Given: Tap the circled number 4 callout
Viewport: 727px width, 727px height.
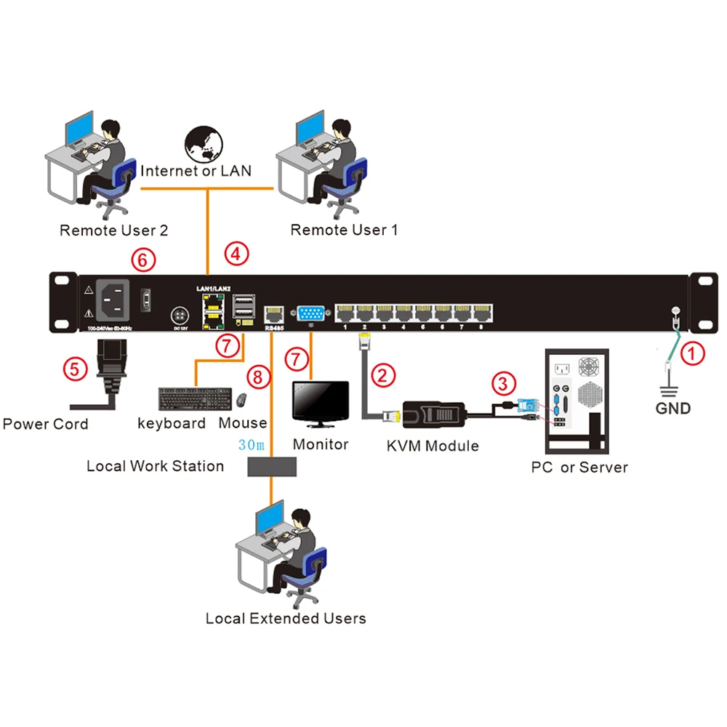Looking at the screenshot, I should click(x=236, y=254).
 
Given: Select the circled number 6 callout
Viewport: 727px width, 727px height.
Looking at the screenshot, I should click(x=142, y=259).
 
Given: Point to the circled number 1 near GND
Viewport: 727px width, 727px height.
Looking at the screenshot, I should click(x=693, y=355).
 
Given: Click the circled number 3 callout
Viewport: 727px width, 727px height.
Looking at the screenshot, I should click(x=503, y=381).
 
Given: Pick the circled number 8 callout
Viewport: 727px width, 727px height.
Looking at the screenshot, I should click(x=257, y=377).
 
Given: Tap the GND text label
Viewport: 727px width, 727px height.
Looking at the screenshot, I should click(x=672, y=408).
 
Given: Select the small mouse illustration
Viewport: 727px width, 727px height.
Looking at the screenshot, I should click(x=241, y=399).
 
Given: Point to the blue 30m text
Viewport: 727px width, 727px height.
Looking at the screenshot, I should click(x=251, y=443).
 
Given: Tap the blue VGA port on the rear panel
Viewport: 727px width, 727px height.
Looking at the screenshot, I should click(x=310, y=314).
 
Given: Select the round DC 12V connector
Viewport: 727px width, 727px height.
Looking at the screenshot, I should click(x=179, y=316).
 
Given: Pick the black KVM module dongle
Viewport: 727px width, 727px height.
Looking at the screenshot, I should click(x=433, y=414).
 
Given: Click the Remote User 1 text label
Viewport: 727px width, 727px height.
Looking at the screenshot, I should click(x=344, y=230).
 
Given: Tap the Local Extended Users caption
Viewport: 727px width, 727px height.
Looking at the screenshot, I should click(x=286, y=619).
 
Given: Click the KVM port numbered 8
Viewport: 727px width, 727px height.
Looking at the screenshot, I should click(x=481, y=314).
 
